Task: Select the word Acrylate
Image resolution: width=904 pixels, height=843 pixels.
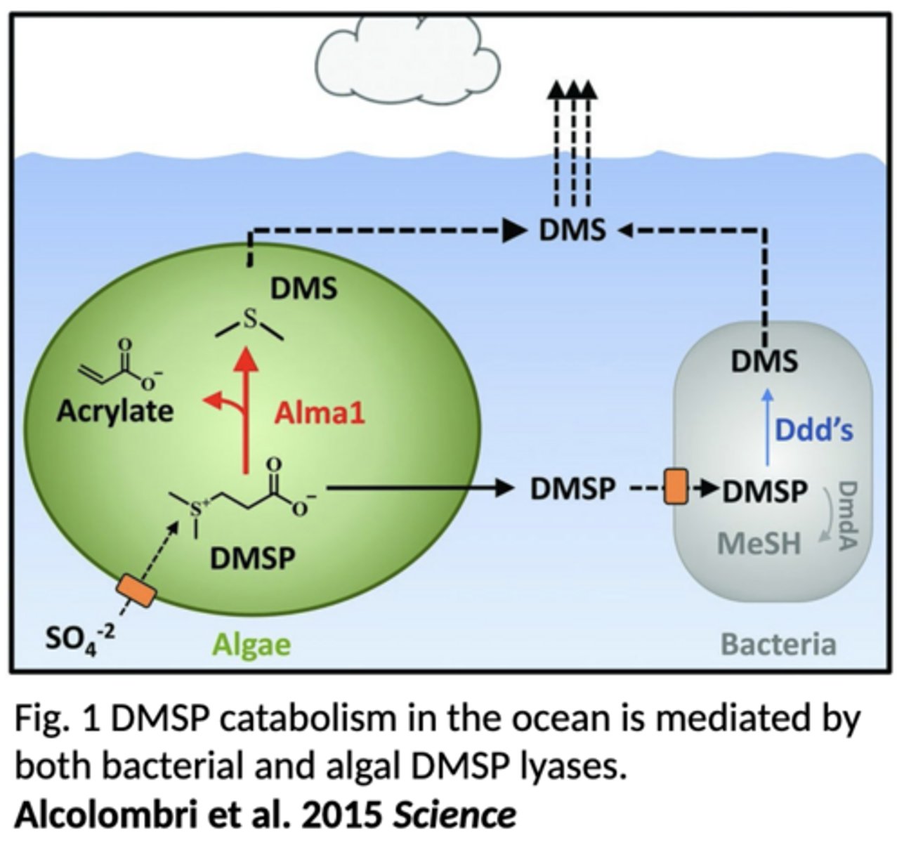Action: point(114,410)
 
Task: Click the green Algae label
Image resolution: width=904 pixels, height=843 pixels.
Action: point(251,643)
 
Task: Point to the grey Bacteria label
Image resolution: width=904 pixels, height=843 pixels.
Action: point(779,643)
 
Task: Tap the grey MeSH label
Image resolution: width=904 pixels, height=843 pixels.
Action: point(759,543)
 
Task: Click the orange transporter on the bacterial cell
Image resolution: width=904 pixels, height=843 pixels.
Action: point(675,488)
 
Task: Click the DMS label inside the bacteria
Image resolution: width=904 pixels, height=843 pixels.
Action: point(764,361)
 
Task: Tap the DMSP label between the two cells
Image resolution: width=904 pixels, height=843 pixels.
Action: point(572,489)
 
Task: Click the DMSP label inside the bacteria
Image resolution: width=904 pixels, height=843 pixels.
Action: point(764,491)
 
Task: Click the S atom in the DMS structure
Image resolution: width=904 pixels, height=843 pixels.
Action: point(250,320)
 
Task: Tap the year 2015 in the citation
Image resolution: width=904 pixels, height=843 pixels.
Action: point(341,815)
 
